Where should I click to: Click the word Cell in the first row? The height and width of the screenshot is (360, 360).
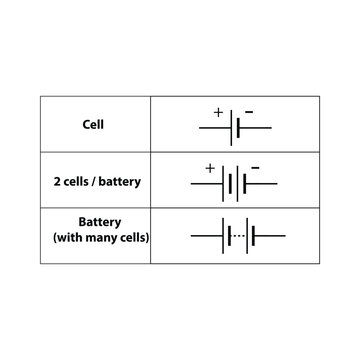(x=94, y=126)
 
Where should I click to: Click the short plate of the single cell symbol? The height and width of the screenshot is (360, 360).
(x=239, y=127)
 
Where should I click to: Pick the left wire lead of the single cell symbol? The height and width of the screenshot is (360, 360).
(x=215, y=128)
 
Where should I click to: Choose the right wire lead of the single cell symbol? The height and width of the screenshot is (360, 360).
(x=256, y=128)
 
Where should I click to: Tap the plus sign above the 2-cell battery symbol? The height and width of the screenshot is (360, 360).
(x=210, y=167)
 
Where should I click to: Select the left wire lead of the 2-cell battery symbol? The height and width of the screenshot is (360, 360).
(x=206, y=185)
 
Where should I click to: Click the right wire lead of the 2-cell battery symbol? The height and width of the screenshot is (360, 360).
(x=261, y=185)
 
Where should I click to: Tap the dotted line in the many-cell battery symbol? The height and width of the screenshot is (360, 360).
(x=238, y=236)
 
